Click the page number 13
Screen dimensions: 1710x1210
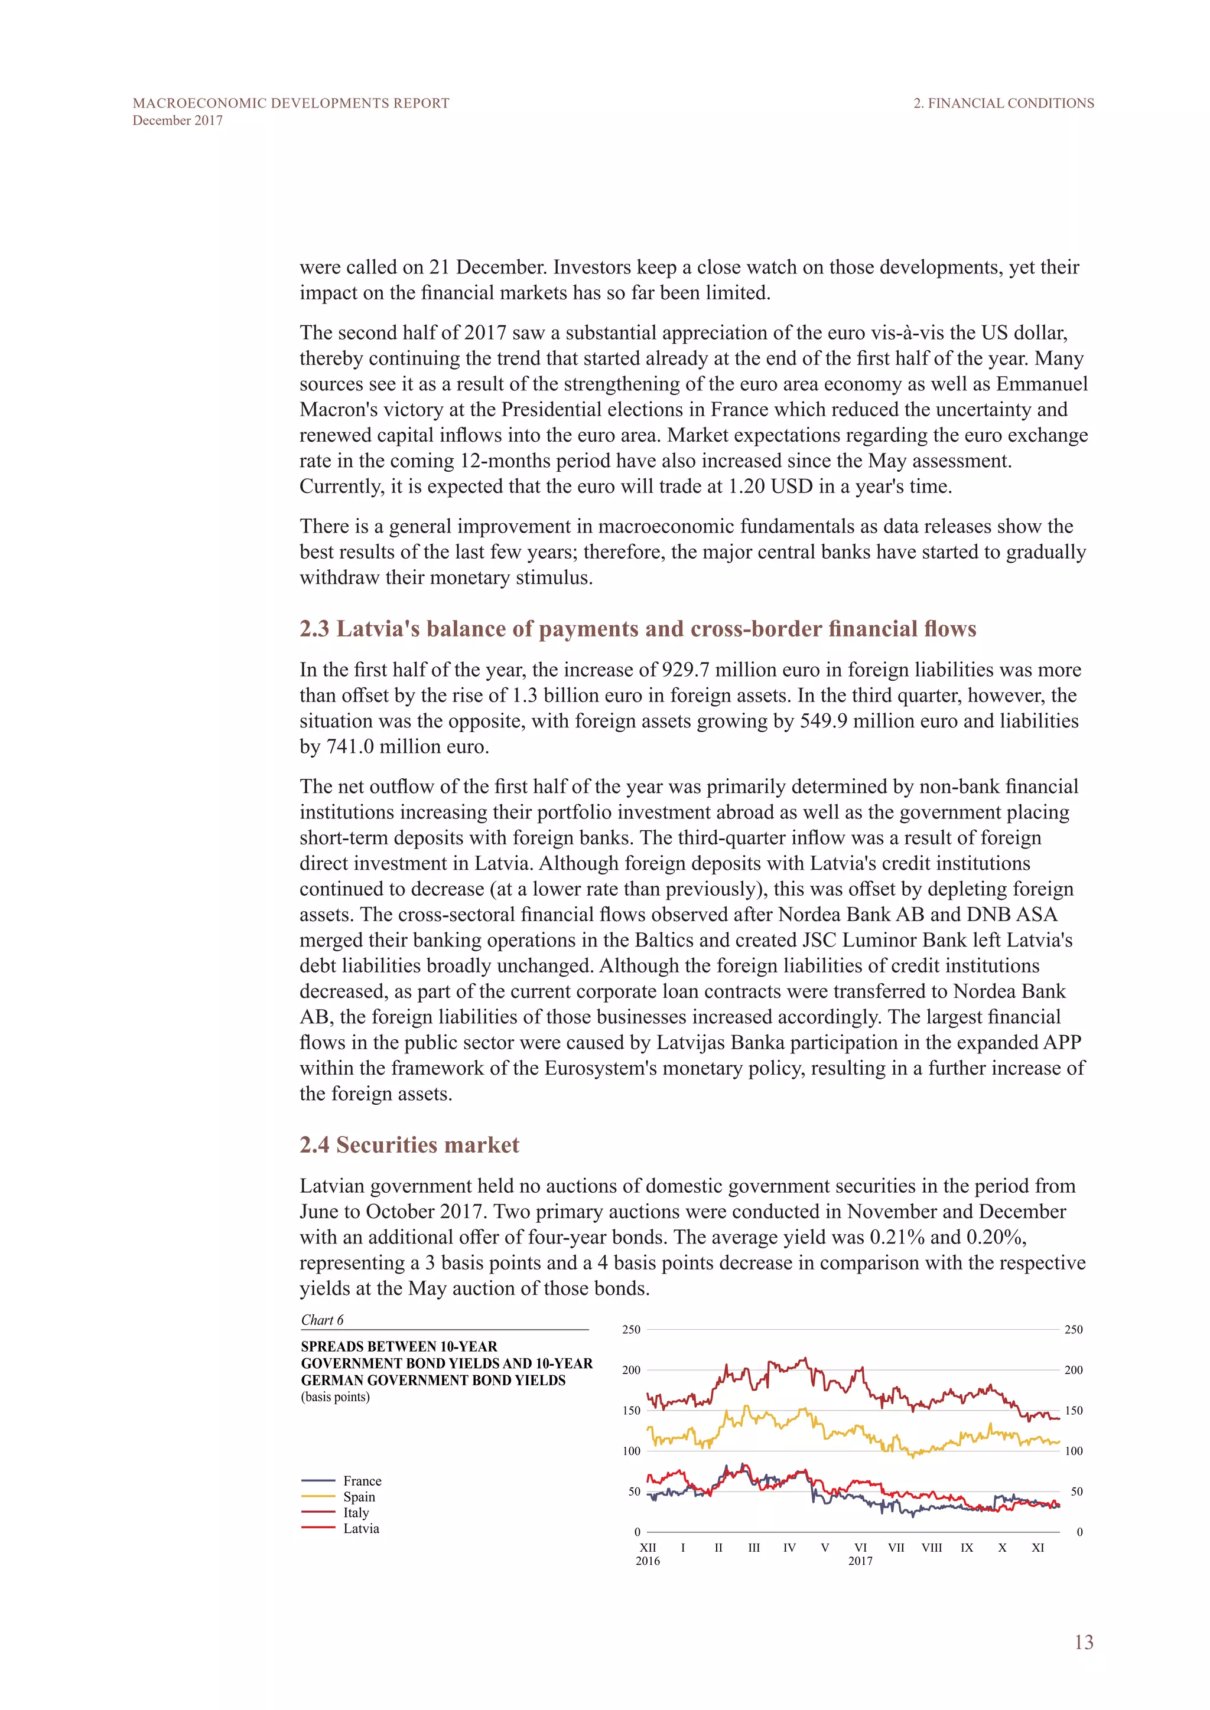tap(1084, 1642)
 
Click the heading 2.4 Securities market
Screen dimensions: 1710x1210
tap(409, 1145)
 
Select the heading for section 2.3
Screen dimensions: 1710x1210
tap(637, 629)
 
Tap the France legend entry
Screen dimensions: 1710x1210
tap(362, 1481)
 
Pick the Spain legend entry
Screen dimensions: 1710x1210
tap(359, 1496)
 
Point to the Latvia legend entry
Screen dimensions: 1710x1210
tap(360, 1528)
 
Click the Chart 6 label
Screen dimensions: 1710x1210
tap(322, 1320)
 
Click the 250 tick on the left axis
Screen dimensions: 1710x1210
tap(631, 1329)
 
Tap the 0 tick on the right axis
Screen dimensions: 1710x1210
tap(1079, 1532)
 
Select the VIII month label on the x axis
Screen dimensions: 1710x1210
tap(931, 1548)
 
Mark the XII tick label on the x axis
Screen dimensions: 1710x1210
tap(648, 1548)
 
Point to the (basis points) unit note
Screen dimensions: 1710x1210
tap(335, 1397)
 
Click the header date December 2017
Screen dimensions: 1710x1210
tap(177, 120)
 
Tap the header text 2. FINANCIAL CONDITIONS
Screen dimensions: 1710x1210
tap(1004, 103)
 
